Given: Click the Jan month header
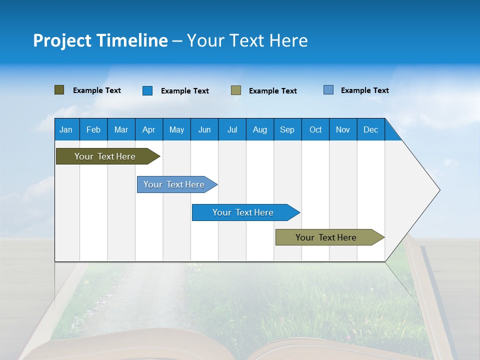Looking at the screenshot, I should click(66, 129).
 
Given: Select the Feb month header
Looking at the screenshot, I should click(93, 129).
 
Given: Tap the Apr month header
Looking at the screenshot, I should click(148, 129).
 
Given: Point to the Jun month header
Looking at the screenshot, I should click(204, 129).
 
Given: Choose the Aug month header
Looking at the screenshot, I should click(259, 129).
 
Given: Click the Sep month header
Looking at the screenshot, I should click(287, 129).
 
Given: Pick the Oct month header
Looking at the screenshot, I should click(315, 129).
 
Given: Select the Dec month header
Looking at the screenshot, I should click(370, 129).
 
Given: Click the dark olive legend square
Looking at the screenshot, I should click(59, 90).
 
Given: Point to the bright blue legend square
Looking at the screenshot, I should click(147, 90).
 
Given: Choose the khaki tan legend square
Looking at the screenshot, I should click(236, 90).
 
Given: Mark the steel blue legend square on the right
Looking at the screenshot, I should click(328, 90).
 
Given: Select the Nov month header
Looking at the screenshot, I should click(343, 129).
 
